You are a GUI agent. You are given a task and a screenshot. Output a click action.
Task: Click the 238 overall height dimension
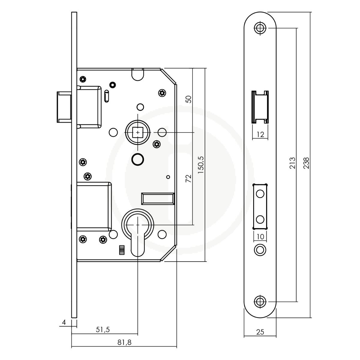pos(306,163)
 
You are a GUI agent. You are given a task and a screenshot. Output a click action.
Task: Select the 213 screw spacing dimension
pos(292,163)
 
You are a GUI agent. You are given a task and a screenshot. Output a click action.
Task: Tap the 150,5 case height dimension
pos(201,165)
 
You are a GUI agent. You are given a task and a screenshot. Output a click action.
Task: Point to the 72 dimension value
pos(188,178)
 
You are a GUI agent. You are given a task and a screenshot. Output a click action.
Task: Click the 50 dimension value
pos(188,99)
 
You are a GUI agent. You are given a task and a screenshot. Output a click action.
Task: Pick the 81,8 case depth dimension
pos(124,342)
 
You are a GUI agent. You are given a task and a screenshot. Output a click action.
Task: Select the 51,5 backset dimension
pos(103,329)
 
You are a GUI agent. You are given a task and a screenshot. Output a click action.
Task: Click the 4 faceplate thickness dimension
pos(64,322)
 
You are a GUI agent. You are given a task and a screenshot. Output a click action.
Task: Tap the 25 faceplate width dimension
pos(260,332)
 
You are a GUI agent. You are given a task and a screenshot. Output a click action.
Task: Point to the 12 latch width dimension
pos(260,134)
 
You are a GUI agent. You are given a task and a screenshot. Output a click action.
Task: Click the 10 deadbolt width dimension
pos(260,237)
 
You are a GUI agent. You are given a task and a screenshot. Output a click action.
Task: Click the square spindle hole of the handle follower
pos(138,132)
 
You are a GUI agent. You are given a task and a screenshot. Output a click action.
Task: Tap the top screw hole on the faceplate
pos(260,28)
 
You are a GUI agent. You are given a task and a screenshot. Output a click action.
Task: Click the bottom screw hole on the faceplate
pos(260,301)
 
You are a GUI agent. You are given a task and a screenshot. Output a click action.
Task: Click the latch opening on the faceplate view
pos(260,107)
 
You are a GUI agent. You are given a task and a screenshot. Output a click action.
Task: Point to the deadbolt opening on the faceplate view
pos(260,206)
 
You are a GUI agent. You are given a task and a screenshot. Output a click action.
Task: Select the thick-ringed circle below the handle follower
pos(138,159)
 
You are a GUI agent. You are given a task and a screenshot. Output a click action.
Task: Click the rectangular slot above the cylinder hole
pos(158,199)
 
